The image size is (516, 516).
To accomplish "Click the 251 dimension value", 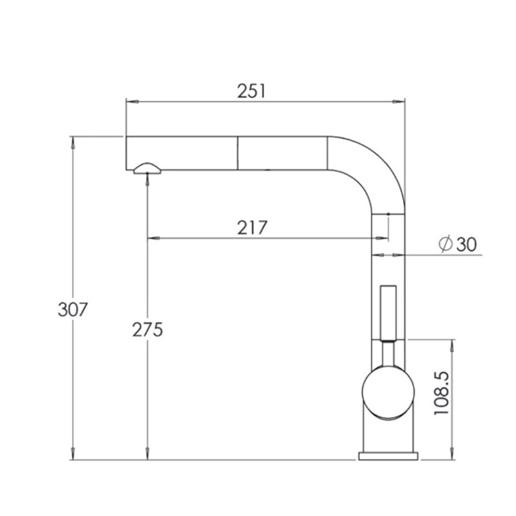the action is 251,91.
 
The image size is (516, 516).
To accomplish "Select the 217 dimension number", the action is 252,228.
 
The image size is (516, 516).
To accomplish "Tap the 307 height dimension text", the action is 73,310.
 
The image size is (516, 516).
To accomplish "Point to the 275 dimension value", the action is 147,330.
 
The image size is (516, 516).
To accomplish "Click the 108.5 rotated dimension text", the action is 441,393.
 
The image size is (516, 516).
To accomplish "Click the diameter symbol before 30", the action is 446,244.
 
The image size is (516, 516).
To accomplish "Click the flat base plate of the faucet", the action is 388,455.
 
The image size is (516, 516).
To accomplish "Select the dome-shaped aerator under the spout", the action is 147,168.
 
